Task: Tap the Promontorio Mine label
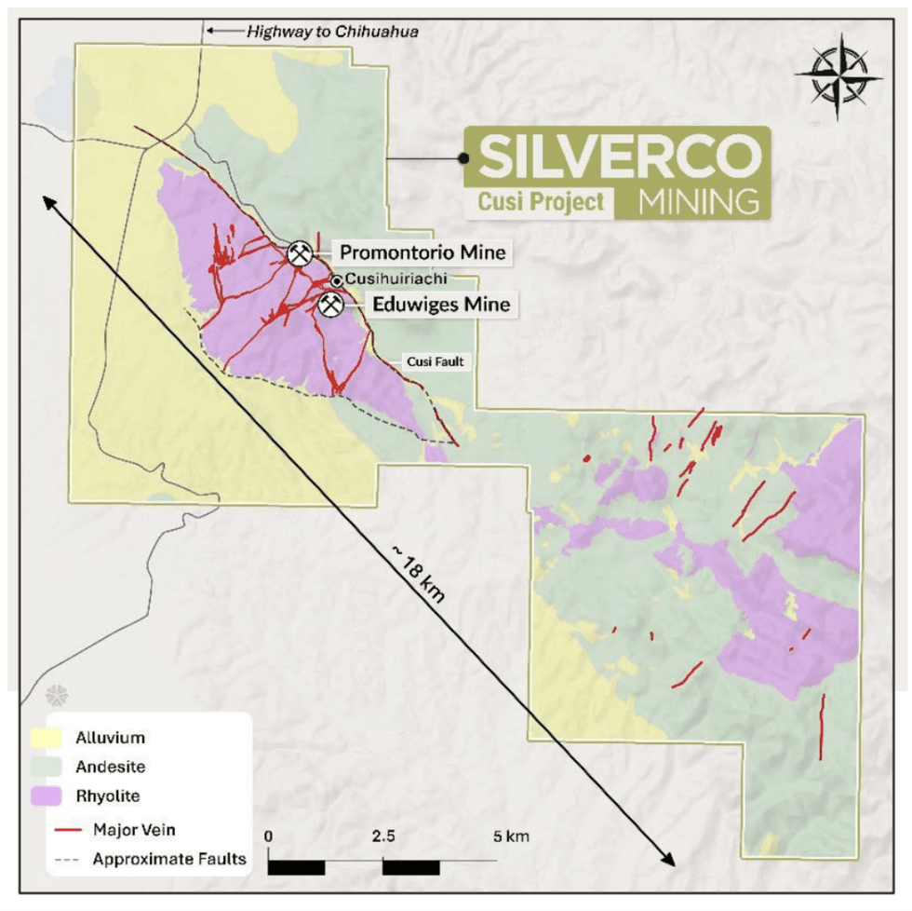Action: click(422, 252)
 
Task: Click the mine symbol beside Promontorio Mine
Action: click(299, 253)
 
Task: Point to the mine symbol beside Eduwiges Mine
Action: click(330, 304)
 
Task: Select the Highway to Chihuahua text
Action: click(331, 31)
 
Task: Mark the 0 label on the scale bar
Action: click(269, 836)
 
